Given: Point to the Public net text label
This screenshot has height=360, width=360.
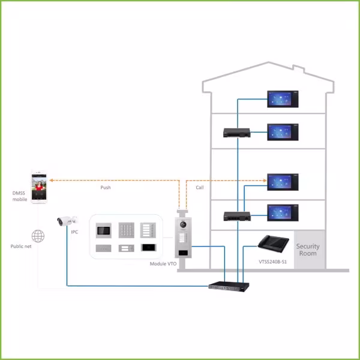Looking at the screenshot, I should click(20, 246).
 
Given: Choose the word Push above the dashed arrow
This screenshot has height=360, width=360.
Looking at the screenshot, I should click(105, 187).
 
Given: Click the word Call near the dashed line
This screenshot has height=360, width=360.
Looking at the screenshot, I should click(200, 187).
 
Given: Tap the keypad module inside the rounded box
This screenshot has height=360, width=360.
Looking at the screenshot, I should click(125, 230).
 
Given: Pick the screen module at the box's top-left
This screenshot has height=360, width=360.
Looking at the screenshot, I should click(104, 230).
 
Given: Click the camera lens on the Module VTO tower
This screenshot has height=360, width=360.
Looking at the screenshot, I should click(183, 226).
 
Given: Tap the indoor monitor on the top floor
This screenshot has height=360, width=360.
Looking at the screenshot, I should click(283, 98).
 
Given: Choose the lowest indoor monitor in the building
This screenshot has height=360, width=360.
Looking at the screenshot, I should click(283, 211).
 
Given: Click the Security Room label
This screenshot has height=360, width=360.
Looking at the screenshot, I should click(308, 250).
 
